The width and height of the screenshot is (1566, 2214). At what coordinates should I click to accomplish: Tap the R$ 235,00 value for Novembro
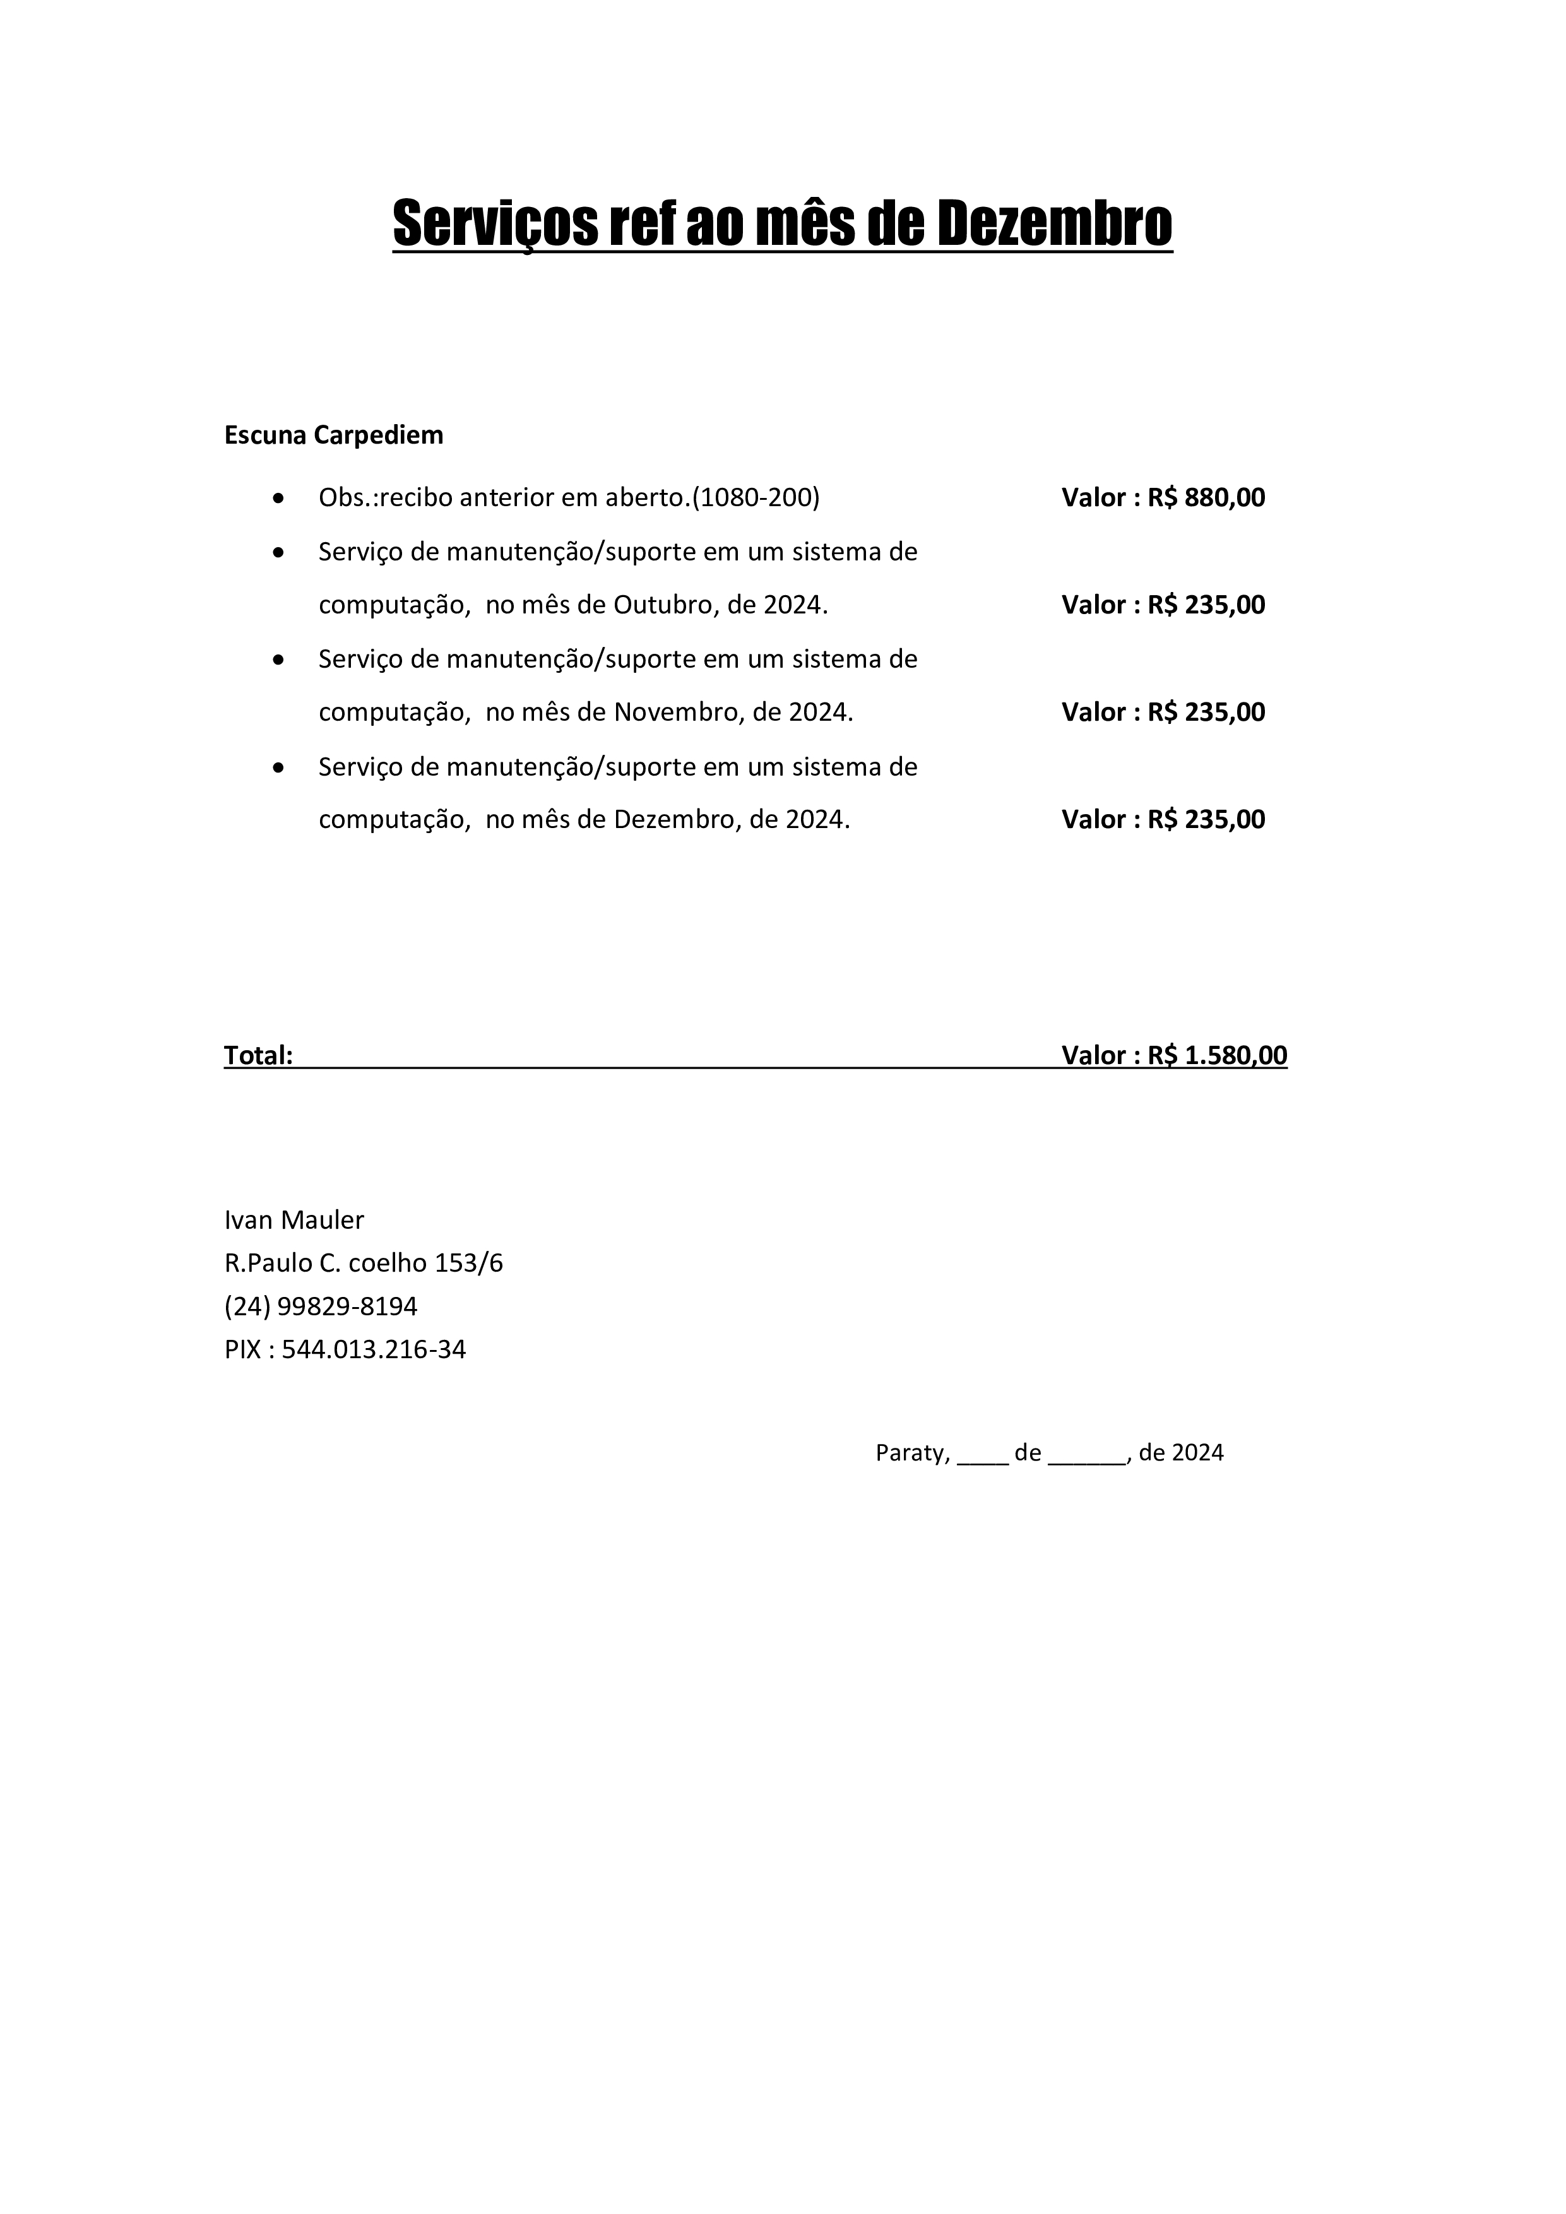(x=1206, y=712)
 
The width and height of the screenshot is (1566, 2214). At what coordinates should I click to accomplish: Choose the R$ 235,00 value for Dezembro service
(x=1206, y=820)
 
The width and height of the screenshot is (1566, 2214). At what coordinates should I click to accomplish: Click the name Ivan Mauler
(x=294, y=1220)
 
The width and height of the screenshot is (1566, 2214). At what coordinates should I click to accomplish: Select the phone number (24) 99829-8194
(x=321, y=1306)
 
